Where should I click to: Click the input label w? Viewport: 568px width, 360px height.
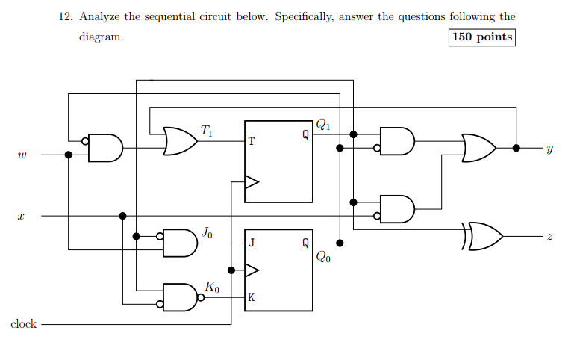coord(22,156)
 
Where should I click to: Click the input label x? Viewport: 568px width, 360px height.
coord(22,217)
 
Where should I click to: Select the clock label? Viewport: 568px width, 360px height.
coord(23,324)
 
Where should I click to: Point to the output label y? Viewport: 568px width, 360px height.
coord(549,149)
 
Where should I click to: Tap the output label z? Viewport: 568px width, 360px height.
coord(549,237)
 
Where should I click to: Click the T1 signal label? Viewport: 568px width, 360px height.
coord(206,131)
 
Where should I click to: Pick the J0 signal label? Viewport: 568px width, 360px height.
coord(208,234)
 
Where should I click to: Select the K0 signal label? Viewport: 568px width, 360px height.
coord(211,286)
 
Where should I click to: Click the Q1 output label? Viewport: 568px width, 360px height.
coord(322,125)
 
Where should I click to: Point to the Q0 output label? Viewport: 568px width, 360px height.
coord(322,258)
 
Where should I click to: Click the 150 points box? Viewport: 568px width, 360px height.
coord(482,37)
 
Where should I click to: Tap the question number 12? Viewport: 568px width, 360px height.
coord(65,16)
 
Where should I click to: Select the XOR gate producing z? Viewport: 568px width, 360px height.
coord(482,237)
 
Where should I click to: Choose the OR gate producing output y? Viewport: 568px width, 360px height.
coord(478,148)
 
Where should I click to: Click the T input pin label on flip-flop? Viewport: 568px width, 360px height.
coord(252,141)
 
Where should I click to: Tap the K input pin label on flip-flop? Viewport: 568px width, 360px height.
coord(252,297)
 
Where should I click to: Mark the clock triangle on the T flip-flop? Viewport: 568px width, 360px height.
coord(252,181)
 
